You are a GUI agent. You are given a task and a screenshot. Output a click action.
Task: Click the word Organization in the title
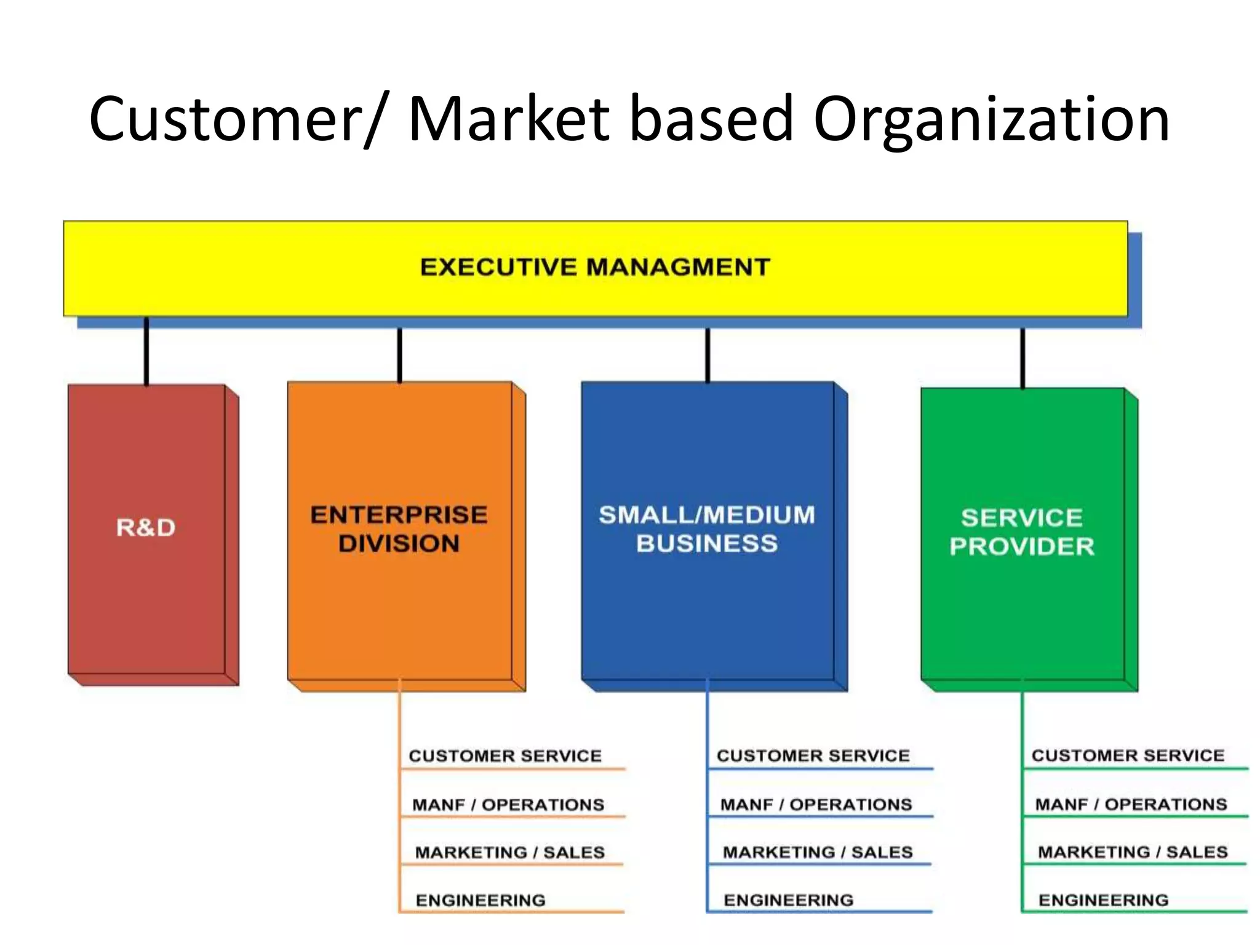tap(991, 120)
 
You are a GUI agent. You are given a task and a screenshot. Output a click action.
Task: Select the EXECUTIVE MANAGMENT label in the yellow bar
tap(595, 267)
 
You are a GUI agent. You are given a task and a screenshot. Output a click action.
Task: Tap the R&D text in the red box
tap(146, 528)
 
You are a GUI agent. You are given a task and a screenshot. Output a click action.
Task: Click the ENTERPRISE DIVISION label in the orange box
tap(399, 529)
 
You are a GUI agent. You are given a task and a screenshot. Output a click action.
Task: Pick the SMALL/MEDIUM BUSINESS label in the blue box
tap(707, 529)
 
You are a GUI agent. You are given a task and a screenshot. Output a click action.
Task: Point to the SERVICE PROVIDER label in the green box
tap(1022, 532)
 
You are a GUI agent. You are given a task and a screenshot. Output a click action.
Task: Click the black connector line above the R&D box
tap(146, 351)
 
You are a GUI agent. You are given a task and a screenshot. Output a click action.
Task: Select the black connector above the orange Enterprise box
tap(400, 355)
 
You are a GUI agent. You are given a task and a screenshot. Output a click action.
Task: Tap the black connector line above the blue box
tap(708, 355)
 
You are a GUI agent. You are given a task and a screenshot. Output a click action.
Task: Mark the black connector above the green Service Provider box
tap(1023, 358)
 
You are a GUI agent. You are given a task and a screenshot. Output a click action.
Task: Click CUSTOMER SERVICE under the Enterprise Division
tap(505, 756)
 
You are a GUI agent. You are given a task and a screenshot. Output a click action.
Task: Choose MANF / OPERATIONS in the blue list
tap(816, 805)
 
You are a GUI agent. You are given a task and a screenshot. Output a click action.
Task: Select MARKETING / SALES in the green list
tap(1133, 852)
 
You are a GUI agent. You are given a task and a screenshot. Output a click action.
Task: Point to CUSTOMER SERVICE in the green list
tap(1128, 756)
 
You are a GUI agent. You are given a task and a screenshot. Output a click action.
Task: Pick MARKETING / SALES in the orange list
tap(509, 853)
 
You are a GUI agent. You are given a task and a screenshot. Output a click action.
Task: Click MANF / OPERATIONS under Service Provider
tap(1131, 805)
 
